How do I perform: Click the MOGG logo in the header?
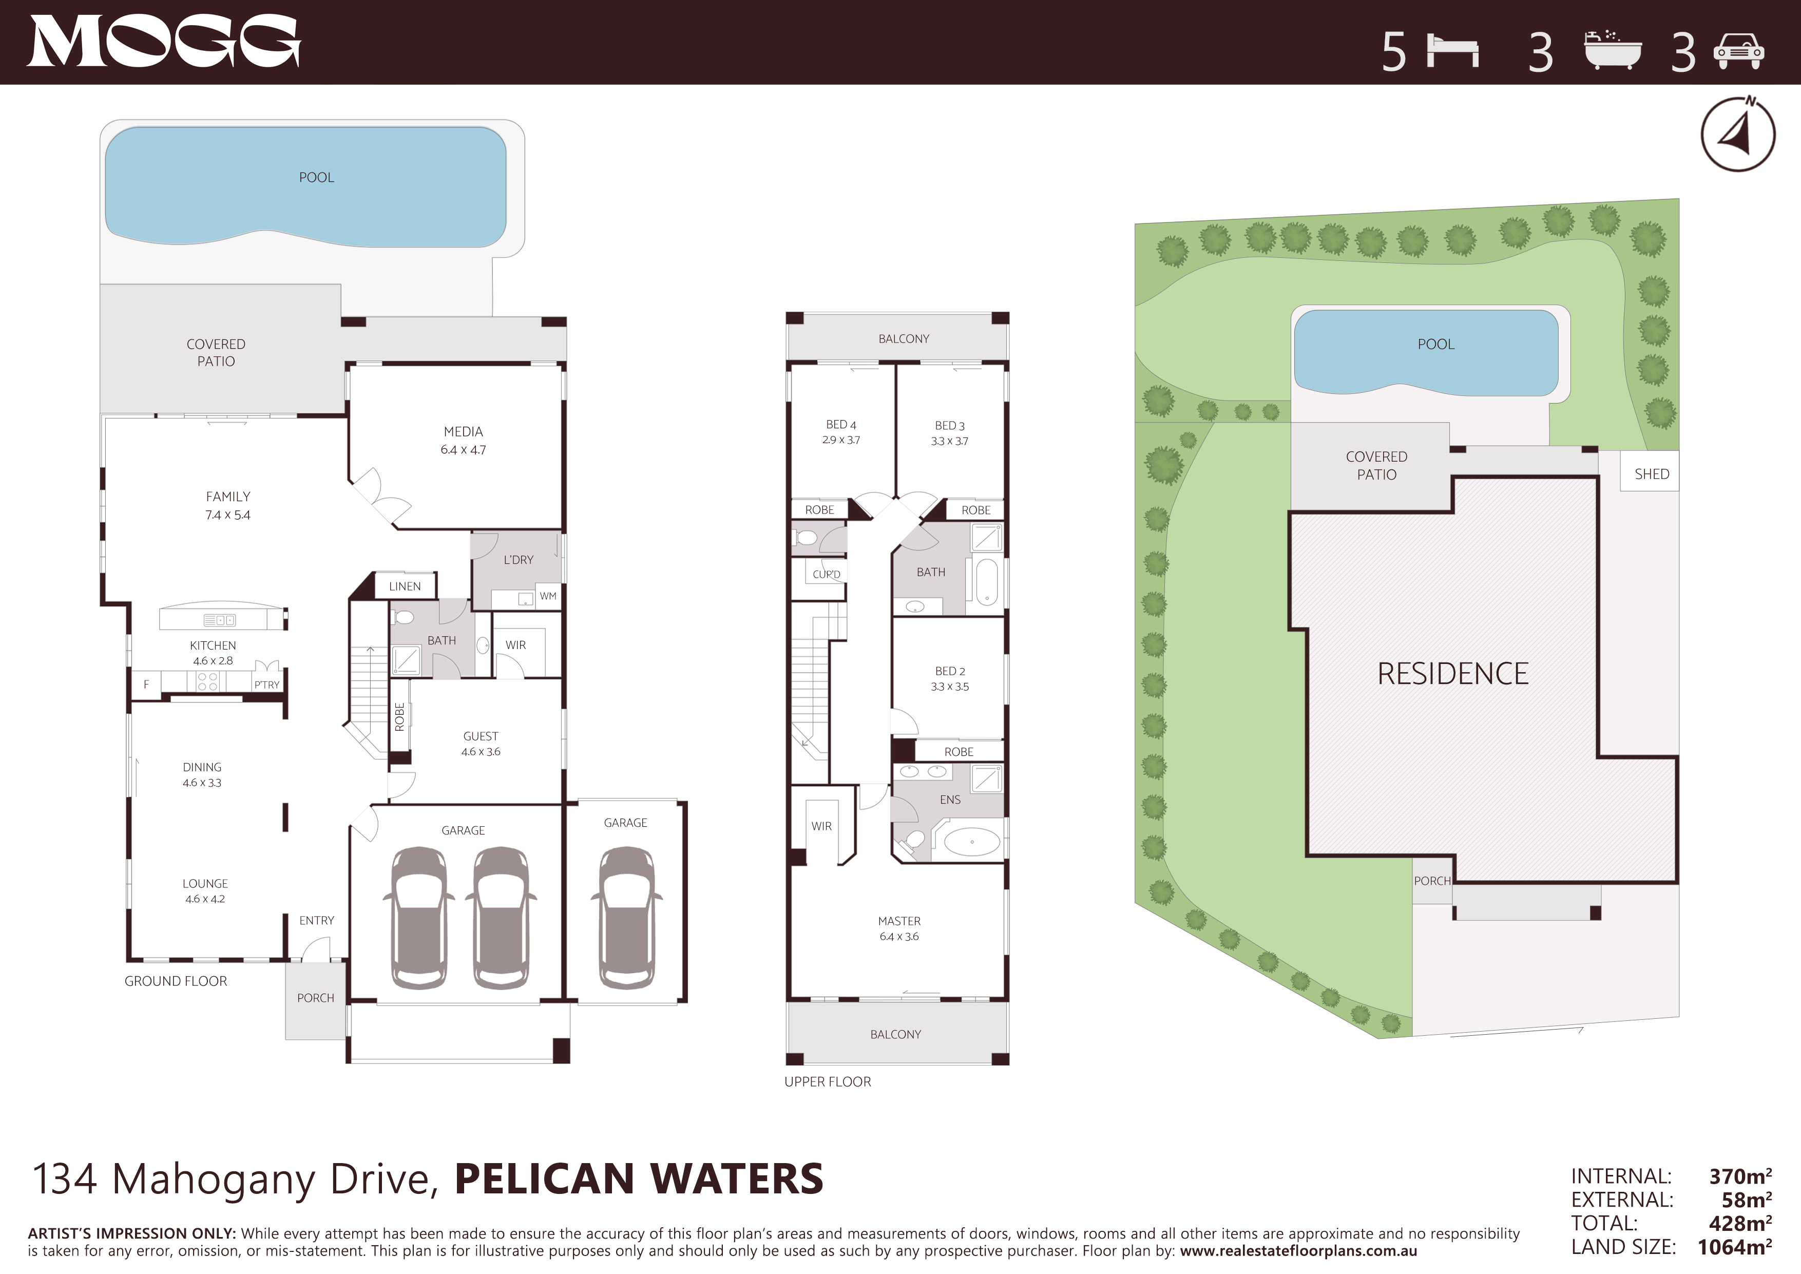164,42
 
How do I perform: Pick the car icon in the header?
1739,52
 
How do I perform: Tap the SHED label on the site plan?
1651,474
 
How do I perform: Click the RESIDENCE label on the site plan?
1453,674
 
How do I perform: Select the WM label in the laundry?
547,596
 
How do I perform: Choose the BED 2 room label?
950,672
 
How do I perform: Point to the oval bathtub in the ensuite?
972,842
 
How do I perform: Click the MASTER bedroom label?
899,921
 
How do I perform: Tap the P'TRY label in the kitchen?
266,685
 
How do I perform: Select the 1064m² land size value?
1734,1247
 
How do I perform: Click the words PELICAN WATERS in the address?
639,1179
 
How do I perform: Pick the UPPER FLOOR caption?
828,1082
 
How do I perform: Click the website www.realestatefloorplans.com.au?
1298,1251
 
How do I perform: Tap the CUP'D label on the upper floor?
826,574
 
